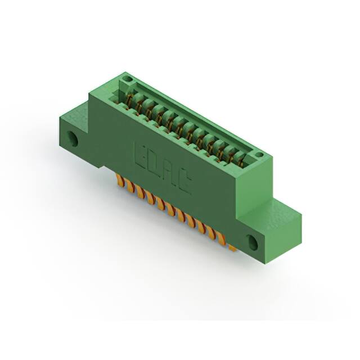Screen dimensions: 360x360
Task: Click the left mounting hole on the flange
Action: pos(73,137)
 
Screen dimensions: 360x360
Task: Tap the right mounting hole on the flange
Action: pos(253,243)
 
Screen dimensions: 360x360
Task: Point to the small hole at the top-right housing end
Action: pos(258,154)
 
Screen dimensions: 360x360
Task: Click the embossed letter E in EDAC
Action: pos(139,152)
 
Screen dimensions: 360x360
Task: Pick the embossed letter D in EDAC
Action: pos(154,163)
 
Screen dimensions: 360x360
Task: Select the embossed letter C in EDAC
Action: pos(183,183)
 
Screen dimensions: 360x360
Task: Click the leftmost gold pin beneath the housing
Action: pos(119,179)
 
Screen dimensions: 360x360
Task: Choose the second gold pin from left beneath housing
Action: pos(129,186)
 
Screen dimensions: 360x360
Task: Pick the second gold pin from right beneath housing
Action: pos(221,240)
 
